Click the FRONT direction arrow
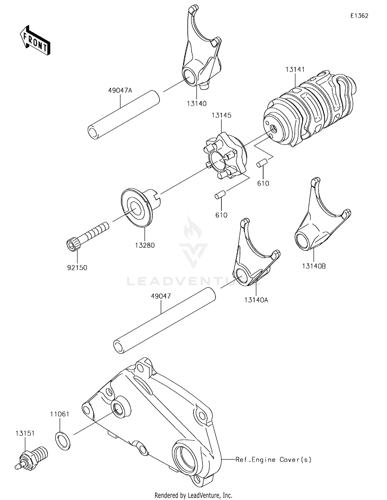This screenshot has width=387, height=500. coord(35,41)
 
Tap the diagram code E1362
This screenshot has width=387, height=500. coord(359,16)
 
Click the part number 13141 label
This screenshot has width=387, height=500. coord(295,69)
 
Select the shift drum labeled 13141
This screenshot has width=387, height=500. coord(310,108)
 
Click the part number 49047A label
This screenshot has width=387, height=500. coord(120,90)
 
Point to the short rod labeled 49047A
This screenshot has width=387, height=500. coord(124,115)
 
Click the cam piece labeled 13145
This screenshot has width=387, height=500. coord(224,156)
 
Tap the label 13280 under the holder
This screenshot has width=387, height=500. coord(145,245)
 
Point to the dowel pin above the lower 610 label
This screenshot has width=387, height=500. coord(221,195)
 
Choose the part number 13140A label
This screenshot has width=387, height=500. coord(256,300)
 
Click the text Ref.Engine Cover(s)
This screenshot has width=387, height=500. coord(273,459)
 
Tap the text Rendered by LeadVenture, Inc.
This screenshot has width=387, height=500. coord(193,495)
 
